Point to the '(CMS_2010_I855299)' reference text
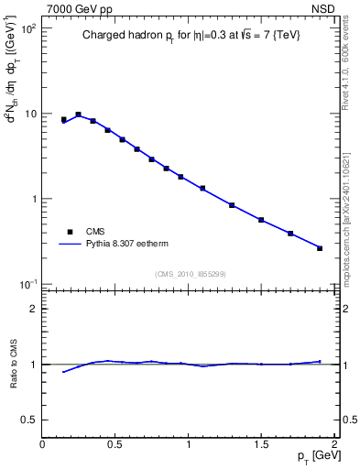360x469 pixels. point(189,274)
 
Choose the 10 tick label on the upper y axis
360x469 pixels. point(29,114)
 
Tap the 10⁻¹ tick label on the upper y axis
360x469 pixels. point(27,283)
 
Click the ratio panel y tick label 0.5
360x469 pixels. point(28,420)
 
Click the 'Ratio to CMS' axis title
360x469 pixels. point(14,364)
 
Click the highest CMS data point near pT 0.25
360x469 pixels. point(79,115)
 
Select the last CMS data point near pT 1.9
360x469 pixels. point(320,248)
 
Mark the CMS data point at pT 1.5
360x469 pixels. point(261,220)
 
